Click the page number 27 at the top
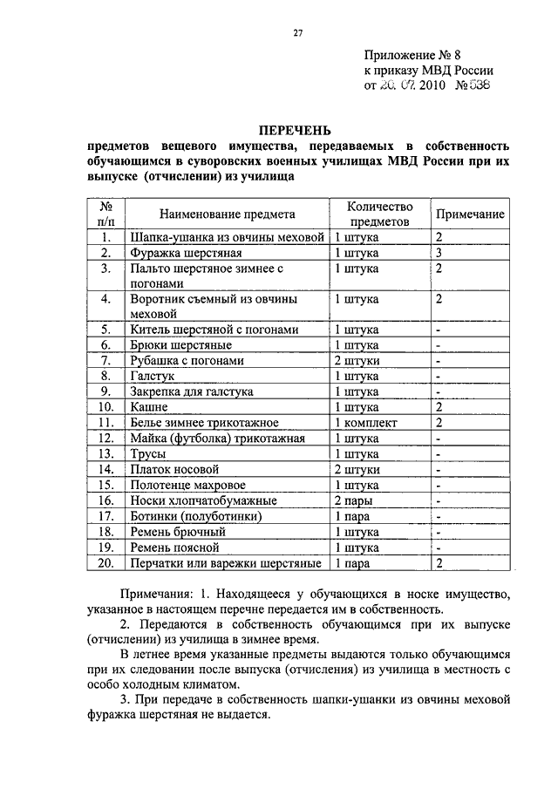297,34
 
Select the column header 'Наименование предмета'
227,214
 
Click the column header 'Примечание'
469,214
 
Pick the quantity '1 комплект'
366,423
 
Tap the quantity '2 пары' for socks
355,501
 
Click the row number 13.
107,454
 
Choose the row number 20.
107,564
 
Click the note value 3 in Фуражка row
440,253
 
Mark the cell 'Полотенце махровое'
187,486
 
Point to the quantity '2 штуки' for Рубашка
357,360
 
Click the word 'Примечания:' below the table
158,594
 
